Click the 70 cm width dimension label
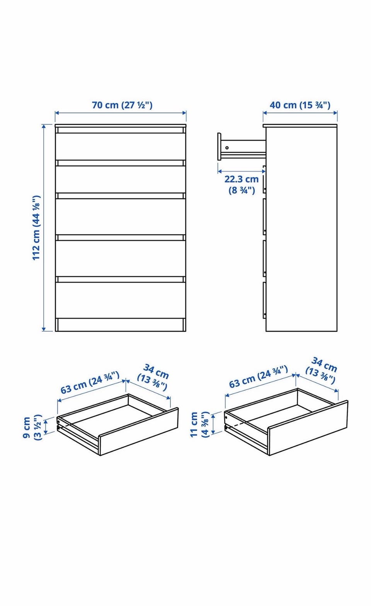[122, 105]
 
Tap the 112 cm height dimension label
[36, 228]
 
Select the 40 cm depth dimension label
[300, 105]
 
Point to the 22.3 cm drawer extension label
[242, 184]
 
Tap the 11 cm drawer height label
[200, 424]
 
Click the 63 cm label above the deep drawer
[259, 376]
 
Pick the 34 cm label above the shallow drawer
[153, 377]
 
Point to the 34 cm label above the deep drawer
[322, 370]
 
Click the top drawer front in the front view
[121, 146]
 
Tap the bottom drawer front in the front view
[121, 300]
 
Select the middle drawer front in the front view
[121, 217]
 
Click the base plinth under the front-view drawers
[121, 325]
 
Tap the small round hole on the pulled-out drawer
[227, 148]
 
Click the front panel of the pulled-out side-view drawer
[219, 146]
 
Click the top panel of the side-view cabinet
[300, 126]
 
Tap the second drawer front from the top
[121, 179]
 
